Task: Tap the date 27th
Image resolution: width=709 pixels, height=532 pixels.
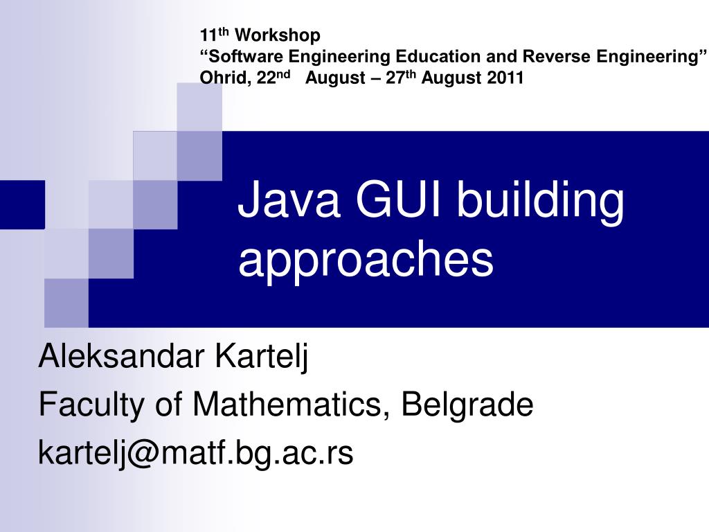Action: coord(402,77)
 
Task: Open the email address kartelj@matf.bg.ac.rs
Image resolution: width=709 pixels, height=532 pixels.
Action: coord(195,453)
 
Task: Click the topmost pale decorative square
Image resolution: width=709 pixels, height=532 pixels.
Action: coord(199,106)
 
